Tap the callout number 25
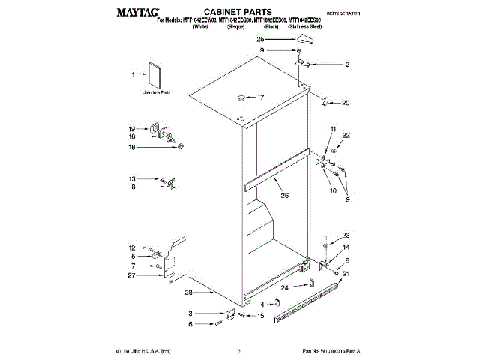(x=261, y=38)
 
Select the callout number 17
(x=261, y=97)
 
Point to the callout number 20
(x=346, y=103)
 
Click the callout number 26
(x=284, y=196)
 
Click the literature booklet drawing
(x=156, y=76)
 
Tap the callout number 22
(x=346, y=135)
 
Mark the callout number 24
(x=284, y=287)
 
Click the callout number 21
(x=346, y=274)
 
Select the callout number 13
(x=132, y=179)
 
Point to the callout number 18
(x=132, y=148)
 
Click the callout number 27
(x=132, y=276)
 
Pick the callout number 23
(x=346, y=235)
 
